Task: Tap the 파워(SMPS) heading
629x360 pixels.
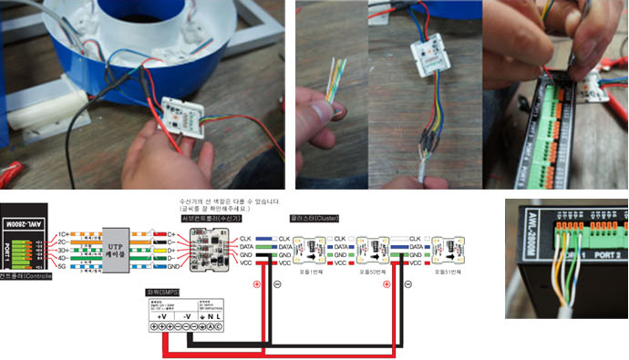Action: pos(160,292)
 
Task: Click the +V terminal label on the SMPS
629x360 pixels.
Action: pos(162,315)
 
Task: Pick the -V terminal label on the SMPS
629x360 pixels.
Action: pos(187,315)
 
